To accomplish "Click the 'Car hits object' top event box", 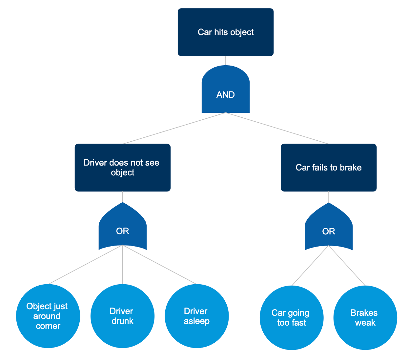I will tap(226, 32).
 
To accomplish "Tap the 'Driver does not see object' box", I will tap(122, 168).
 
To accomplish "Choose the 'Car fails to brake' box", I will tap(328, 168).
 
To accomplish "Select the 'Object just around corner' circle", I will tap(48, 316).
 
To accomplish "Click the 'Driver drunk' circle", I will tap(122, 316).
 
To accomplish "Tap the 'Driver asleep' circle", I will tap(196, 316).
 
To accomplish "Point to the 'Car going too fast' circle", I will tap(291, 318).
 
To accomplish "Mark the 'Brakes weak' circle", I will tap(365, 318).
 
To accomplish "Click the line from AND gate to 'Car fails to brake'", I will tap(277, 128).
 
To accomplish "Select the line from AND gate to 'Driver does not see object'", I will tap(174, 128).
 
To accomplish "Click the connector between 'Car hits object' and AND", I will tap(226, 61).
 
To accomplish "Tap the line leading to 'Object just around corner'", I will tap(85, 264).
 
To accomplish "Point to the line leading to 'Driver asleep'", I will tap(159, 264).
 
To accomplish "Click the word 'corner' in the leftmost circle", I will tap(48, 326).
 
